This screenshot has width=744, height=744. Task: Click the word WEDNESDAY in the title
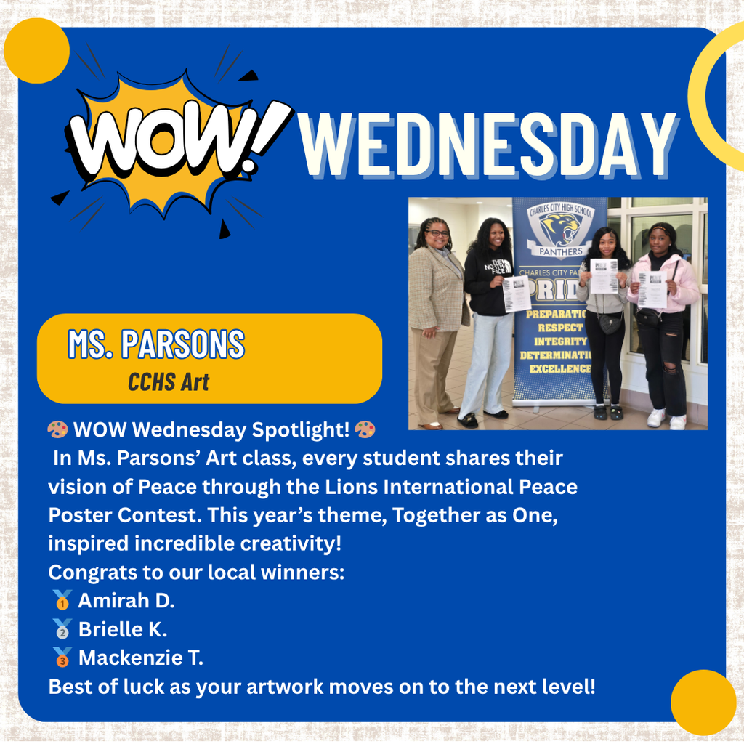(488, 148)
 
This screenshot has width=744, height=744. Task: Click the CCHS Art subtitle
(169, 381)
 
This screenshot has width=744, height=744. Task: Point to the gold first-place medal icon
(62, 601)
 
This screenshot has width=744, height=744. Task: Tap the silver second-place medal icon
(62, 629)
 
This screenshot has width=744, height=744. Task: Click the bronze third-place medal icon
(62, 658)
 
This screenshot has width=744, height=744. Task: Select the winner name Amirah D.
(126, 601)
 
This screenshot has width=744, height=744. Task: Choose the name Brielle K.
(123, 629)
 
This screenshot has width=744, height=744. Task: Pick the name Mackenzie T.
(141, 658)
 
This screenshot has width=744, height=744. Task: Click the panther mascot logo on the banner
(559, 230)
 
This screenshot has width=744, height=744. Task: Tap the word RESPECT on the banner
(560, 328)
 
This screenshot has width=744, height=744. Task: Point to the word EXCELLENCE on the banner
(559, 368)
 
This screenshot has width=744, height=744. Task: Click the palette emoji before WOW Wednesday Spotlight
(57, 430)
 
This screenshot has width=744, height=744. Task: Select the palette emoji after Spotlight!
(365, 430)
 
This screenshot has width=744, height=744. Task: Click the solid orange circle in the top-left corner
(36, 51)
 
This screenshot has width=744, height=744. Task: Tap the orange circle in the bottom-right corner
(703, 702)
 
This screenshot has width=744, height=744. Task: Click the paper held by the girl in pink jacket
(652, 289)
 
